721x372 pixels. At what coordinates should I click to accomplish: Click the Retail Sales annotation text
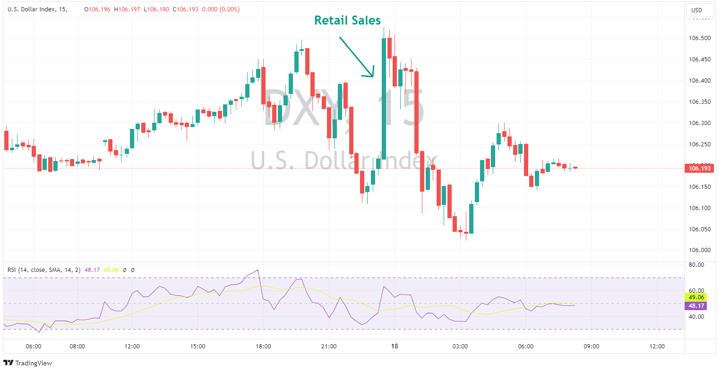pos(347,20)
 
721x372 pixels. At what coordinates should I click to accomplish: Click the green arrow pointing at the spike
pos(357,57)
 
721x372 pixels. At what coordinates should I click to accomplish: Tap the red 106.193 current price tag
pos(699,169)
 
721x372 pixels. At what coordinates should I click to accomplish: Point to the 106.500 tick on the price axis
pos(700,38)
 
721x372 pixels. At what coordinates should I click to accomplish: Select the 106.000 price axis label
pos(700,250)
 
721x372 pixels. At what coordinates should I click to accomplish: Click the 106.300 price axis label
pos(700,123)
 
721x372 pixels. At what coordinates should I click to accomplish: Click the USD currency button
pos(696,10)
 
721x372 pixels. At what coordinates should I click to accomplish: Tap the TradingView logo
pos(28,363)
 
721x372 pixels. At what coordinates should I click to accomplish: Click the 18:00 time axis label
pos(263,346)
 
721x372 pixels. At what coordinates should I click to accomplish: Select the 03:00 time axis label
pos(460,346)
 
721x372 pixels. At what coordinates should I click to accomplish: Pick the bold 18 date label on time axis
pos(395,346)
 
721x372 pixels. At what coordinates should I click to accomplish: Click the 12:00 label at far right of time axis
pos(657,346)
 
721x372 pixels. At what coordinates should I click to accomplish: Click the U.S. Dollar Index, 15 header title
pos(37,9)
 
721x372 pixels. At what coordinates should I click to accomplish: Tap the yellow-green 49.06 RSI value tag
pos(696,297)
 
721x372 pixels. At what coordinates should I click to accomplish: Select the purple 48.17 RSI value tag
pos(696,306)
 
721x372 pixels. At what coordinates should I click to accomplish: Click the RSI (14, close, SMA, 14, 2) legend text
pos(44,270)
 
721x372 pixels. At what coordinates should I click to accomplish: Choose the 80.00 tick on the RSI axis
pos(696,265)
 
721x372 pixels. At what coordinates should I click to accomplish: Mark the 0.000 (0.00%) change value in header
pos(221,9)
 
